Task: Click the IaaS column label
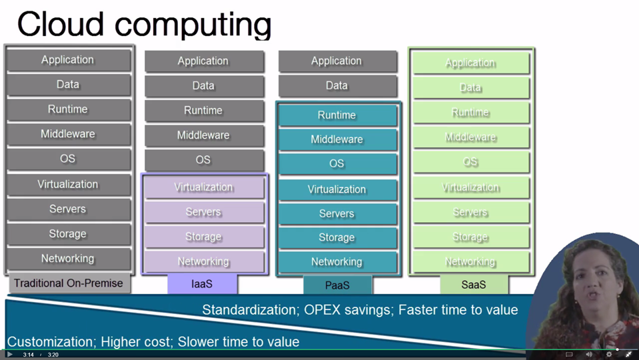pyautogui.click(x=202, y=284)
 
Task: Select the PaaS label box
pyautogui.click(x=337, y=285)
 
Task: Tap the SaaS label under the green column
pyautogui.click(x=474, y=285)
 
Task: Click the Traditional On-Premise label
pyautogui.click(x=69, y=283)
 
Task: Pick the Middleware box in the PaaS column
pyautogui.click(x=337, y=139)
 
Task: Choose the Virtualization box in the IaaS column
pyautogui.click(x=203, y=187)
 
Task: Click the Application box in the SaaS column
pyautogui.click(x=470, y=63)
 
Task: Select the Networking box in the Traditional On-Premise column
pyautogui.click(x=68, y=259)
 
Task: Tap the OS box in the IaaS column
pyautogui.click(x=203, y=160)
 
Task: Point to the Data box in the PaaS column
pyautogui.click(x=337, y=85)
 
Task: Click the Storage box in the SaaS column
pyautogui.click(x=470, y=237)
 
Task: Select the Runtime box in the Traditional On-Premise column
pyautogui.click(x=68, y=109)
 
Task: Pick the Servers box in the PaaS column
pyautogui.click(x=337, y=213)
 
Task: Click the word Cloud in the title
pyautogui.click(x=63, y=24)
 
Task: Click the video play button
pyautogui.click(x=9, y=355)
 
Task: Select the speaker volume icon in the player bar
pyautogui.click(x=588, y=355)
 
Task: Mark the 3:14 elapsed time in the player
pyautogui.click(x=29, y=355)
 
